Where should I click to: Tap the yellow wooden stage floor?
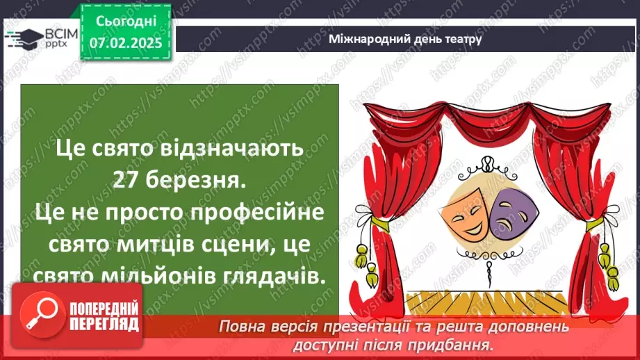pos(486,300)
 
